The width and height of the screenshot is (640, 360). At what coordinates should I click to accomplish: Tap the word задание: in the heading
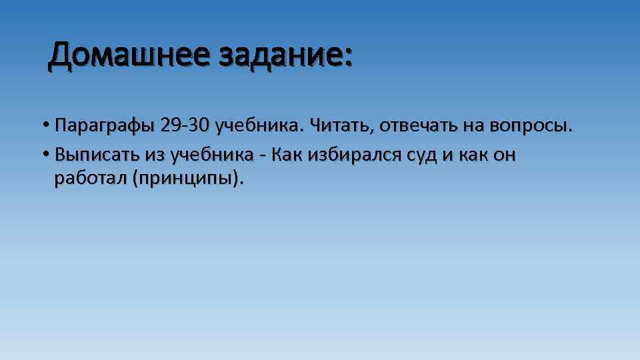coord(283,55)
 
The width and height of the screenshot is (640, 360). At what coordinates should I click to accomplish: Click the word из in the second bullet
coord(154,155)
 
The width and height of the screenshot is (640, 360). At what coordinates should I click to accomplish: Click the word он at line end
coord(505,156)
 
